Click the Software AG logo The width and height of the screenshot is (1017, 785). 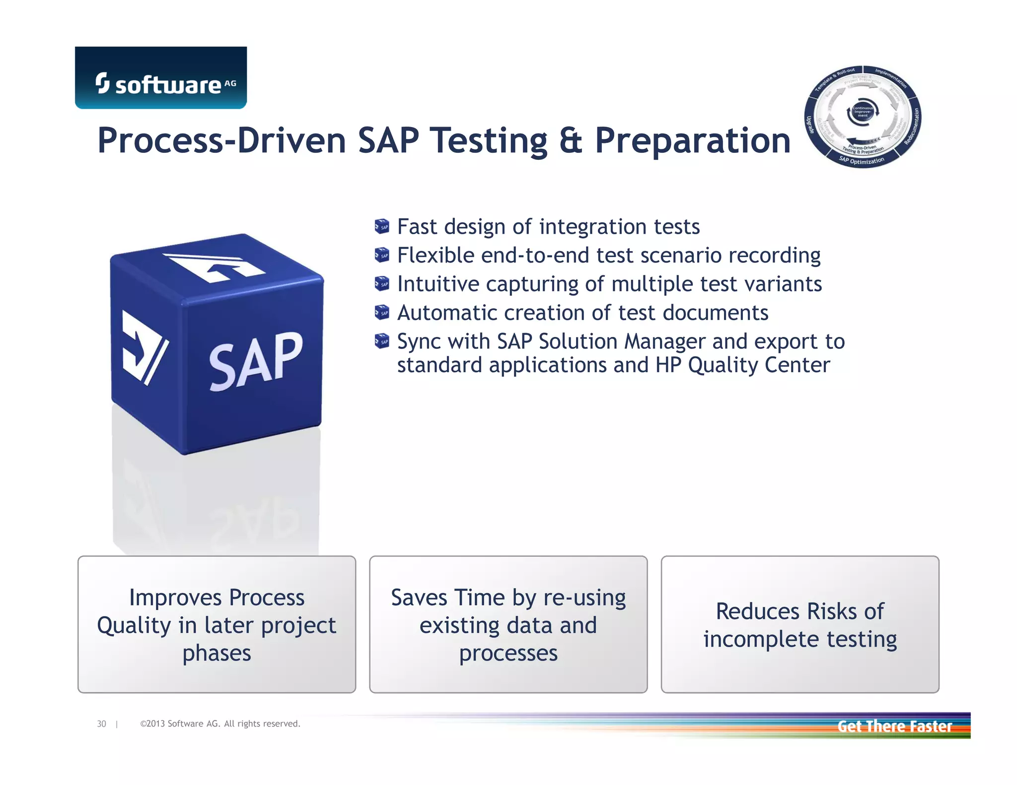160,78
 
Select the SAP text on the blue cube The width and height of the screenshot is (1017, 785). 255,361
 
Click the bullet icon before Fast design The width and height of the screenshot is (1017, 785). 381,227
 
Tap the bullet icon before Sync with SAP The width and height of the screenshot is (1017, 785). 381,341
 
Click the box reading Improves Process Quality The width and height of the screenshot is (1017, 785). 217,624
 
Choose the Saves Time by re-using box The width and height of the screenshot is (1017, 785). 508,624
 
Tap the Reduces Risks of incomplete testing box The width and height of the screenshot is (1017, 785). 799,624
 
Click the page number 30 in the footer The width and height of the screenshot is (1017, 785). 101,724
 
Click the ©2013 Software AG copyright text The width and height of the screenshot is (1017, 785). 220,724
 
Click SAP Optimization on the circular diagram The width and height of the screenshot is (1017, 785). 862,161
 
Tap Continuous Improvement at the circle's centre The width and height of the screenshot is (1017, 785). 863,112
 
